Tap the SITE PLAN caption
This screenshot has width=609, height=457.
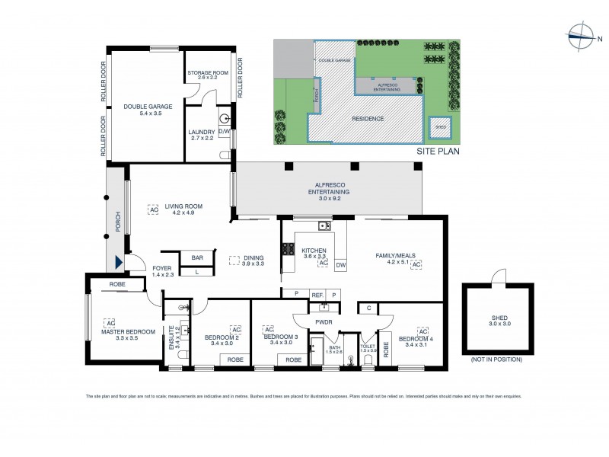coord(438,152)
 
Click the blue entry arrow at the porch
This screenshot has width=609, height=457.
coord(118,264)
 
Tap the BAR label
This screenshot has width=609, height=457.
coord(197,257)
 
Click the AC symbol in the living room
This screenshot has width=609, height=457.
coord(153,206)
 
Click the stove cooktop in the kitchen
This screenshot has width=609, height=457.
coord(289,249)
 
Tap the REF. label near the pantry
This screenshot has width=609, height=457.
coord(317,293)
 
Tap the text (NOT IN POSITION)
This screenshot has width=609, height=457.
coord(496,359)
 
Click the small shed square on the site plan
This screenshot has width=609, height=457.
coord(439,127)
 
